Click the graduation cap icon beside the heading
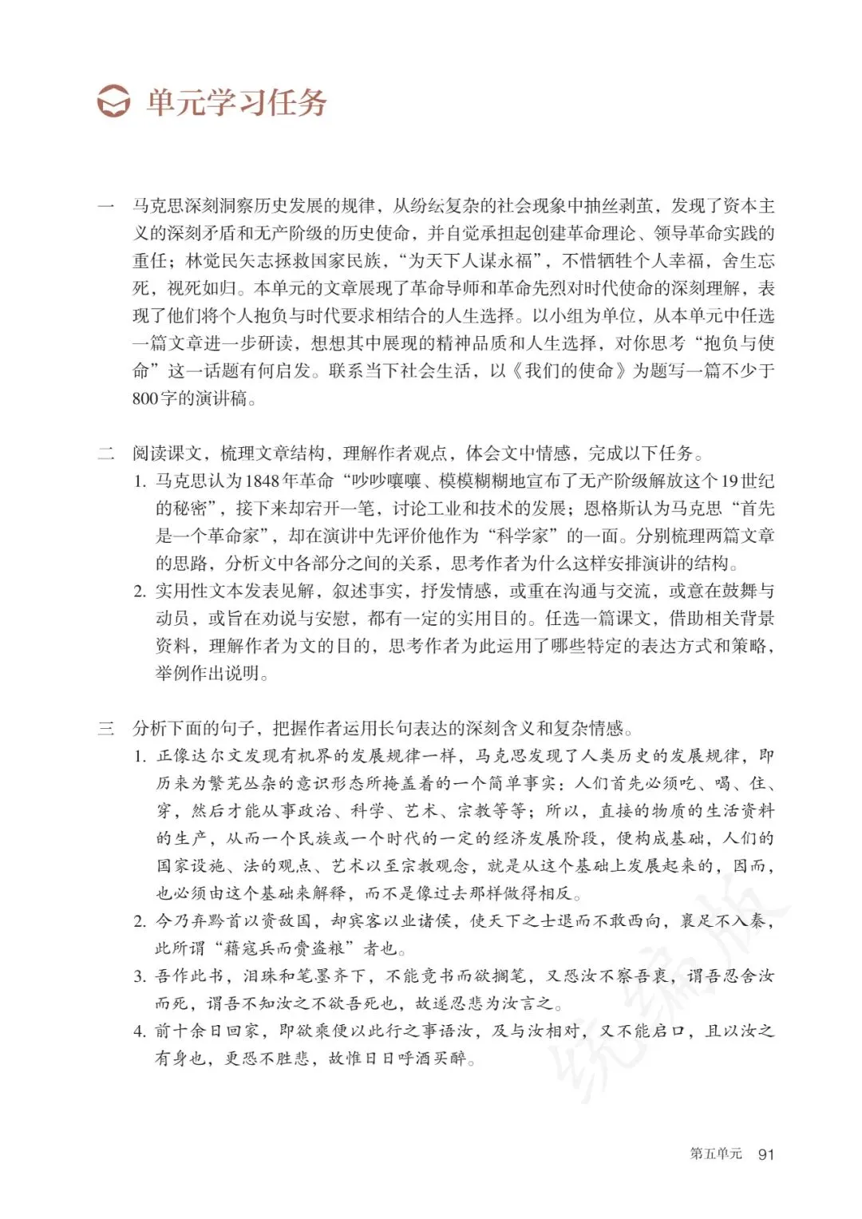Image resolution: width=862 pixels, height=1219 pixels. click(x=113, y=103)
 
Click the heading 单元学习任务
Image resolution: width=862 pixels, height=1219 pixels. click(x=236, y=103)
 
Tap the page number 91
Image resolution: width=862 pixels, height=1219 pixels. click(x=765, y=1154)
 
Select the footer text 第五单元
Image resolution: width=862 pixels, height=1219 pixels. click(x=715, y=1154)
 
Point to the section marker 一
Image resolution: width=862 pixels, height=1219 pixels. click(x=106, y=207)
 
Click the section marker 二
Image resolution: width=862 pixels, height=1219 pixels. click(x=106, y=454)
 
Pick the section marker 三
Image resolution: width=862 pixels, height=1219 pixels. click(x=106, y=728)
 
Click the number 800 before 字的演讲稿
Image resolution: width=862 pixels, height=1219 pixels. click(x=145, y=398)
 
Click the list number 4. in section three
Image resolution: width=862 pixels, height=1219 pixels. click(x=140, y=1031)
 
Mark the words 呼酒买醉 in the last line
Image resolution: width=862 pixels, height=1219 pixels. click(x=432, y=1059)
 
